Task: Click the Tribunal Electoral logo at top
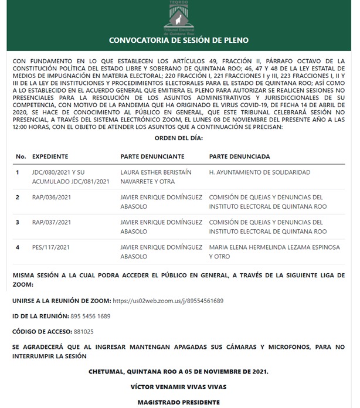pos(179,17)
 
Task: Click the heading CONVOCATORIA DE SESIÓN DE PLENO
pos(179,40)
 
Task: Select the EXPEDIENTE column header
pos(50,157)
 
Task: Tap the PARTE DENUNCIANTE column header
pos(152,157)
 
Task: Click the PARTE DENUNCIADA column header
pos(239,157)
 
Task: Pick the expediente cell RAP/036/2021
pos(52,198)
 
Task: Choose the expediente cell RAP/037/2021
pos(52,223)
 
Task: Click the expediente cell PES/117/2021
pos(52,247)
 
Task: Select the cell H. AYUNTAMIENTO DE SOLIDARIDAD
pos(260,172)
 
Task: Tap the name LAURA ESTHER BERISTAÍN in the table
pos(157,172)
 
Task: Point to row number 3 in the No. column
pos(18,223)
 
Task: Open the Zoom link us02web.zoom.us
pos(168,301)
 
